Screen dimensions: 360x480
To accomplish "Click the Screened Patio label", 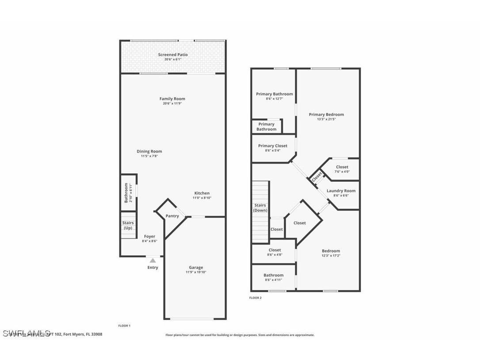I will pyautogui.click(x=173, y=55).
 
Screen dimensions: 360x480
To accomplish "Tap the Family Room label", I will pyautogui.click(x=172, y=99).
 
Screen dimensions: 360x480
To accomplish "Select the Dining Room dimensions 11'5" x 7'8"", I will pyautogui.click(x=149, y=156).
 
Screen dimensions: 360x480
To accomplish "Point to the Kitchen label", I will pyautogui.click(x=202, y=193).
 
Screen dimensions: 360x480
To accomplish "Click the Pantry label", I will pyautogui.click(x=172, y=216).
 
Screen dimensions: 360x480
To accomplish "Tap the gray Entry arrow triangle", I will pyautogui.click(x=152, y=260).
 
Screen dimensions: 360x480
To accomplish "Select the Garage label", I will pyautogui.click(x=196, y=267).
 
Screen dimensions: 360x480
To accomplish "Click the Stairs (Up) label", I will pyautogui.click(x=128, y=226).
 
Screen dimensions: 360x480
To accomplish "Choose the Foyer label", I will pyautogui.click(x=149, y=236).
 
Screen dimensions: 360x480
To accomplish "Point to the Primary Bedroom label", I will pyautogui.click(x=326, y=115).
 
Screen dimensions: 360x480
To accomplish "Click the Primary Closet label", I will pyautogui.click(x=273, y=146).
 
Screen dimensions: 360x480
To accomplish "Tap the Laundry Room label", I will pyautogui.click(x=341, y=191).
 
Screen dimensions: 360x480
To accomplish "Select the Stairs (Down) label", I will pyautogui.click(x=260, y=208).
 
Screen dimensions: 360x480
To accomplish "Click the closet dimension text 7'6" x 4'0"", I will pyautogui.click(x=342, y=172).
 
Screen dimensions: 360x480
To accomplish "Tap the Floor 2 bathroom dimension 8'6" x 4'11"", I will pyautogui.click(x=274, y=280).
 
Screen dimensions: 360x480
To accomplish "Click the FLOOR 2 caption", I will pyautogui.click(x=255, y=298).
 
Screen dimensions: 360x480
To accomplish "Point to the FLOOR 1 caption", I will pyautogui.click(x=124, y=326).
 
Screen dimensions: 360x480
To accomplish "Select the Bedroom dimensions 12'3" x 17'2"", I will pyautogui.click(x=331, y=256).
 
